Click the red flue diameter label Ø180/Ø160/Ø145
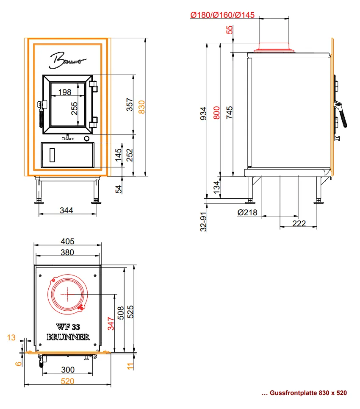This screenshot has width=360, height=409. click(x=222, y=15)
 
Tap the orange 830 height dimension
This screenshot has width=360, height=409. click(x=141, y=107)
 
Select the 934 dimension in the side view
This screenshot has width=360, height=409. click(x=203, y=114)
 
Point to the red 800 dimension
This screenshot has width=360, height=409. click(x=216, y=113)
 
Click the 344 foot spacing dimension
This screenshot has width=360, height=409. click(x=66, y=210)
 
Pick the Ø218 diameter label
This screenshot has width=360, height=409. click(x=247, y=213)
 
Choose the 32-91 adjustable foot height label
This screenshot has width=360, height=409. click(x=203, y=222)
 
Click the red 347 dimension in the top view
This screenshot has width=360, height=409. click(x=111, y=324)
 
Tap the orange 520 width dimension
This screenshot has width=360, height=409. click(x=67, y=381)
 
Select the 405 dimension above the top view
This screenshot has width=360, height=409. click(x=67, y=241)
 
